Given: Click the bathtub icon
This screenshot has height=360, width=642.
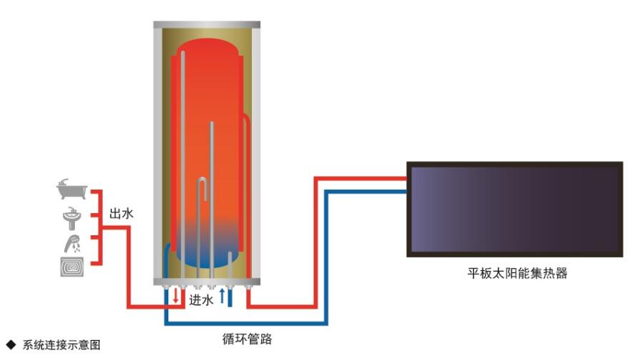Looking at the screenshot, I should pyautogui.click(x=72, y=190).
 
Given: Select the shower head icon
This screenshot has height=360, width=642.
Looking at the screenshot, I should pyautogui.click(x=72, y=242).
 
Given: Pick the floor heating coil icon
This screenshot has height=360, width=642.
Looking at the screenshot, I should pyautogui.click(x=72, y=267).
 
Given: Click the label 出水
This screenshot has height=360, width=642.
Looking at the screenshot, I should pyautogui.click(x=121, y=213).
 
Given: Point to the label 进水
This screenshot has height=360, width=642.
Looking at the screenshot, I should pyautogui.click(x=201, y=300).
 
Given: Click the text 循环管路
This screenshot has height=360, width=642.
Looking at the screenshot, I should pyautogui.click(x=247, y=339).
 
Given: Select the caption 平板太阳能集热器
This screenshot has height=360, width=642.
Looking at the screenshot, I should pyautogui.click(x=514, y=273).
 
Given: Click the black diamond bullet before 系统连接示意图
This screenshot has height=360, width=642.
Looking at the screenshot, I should pyautogui.click(x=11, y=345).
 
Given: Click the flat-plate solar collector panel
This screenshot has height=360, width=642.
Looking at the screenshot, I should pyautogui.click(x=514, y=209).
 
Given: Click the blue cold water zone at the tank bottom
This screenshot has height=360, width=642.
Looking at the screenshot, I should pyautogui.click(x=207, y=250).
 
